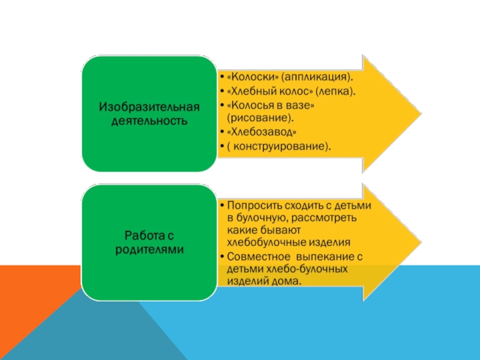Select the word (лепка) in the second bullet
pyautogui.click(x=334, y=91)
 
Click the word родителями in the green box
pyautogui.click(x=149, y=248)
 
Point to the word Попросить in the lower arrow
pyautogui.click(x=252, y=205)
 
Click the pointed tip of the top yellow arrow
pyautogui.click(x=419, y=112)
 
